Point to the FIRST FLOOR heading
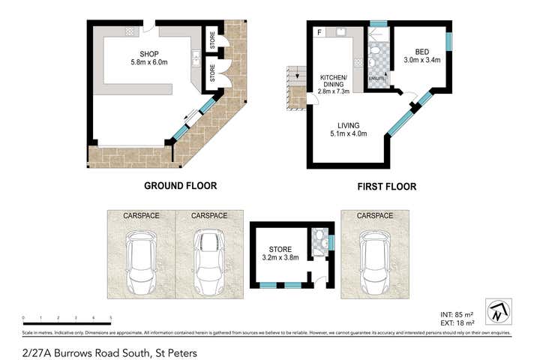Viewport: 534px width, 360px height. click(x=385, y=186)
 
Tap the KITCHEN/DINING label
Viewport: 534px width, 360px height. click(x=333, y=82)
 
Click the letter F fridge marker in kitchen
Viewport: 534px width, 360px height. click(x=319, y=32)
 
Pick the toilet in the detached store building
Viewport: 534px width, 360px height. click(x=319, y=241)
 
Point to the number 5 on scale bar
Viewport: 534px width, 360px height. click(x=111, y=318)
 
